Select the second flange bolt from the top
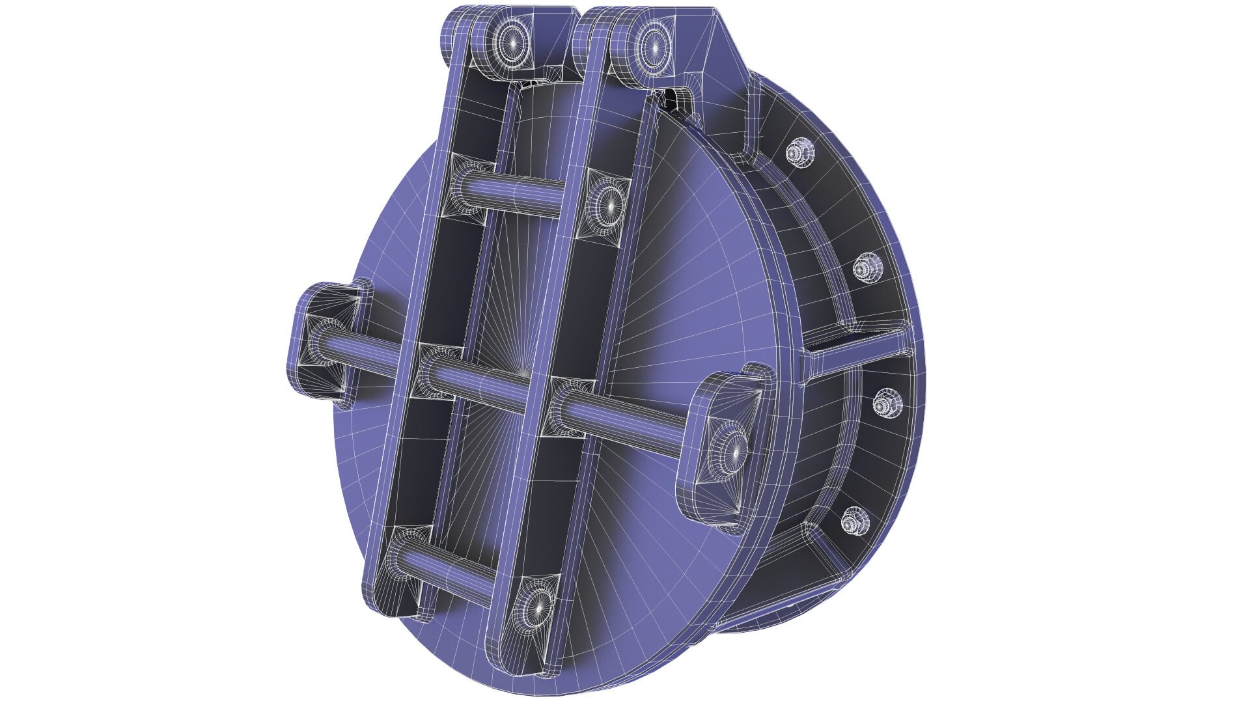[x=865, y=267]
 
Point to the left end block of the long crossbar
[x=323, y=338]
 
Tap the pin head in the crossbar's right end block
[x=734, y=450]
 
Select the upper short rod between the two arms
[x=514, y=193]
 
